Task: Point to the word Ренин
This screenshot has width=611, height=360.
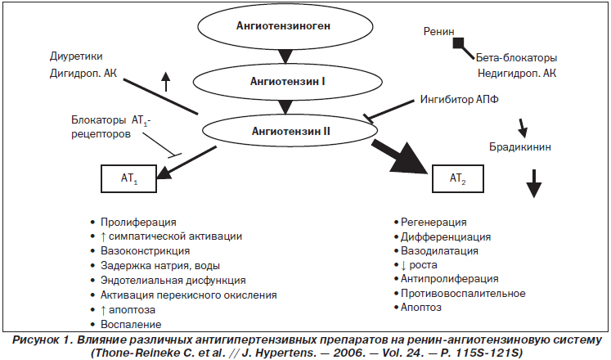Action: tap(438, 31)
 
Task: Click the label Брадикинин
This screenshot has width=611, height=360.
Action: tap(520, 147)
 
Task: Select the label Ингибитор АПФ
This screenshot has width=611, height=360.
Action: tap(460, 99)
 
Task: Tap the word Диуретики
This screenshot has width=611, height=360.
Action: tap(76, 56)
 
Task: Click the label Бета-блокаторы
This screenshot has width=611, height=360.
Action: tap(516, 57)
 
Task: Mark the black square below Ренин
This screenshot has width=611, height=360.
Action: tap(459, 43)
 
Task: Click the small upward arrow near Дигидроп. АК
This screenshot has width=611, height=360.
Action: tap(166, 82)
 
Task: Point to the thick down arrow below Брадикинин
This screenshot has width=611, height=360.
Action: tap(534, 183)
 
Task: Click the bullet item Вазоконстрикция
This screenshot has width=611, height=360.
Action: tap(145, 251)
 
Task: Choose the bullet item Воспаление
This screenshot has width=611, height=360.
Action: tap(131, 324)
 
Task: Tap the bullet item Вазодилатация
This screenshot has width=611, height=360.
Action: tap(439, 251)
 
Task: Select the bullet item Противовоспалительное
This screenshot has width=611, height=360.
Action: tap(463, 293)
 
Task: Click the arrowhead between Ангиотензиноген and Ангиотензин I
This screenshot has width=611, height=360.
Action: tap(285, 56)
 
